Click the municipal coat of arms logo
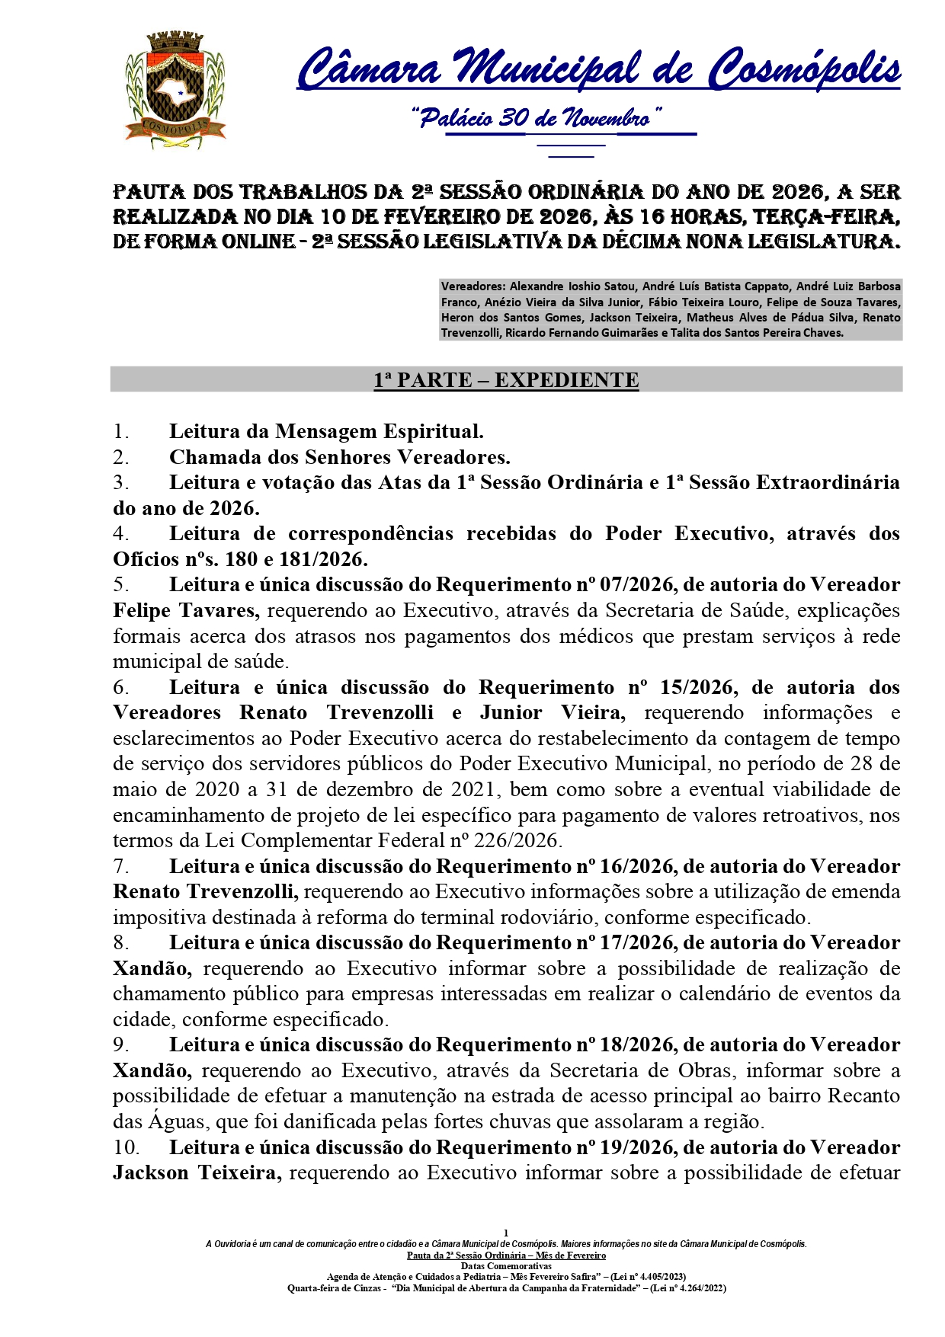[x=175, y=91]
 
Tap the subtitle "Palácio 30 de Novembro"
[x=537, y=118]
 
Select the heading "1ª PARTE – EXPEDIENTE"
[x=506, y=379]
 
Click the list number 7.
[x=120, y=866]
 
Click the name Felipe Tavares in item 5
[x=186, y=610]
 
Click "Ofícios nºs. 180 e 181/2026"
[x=240, y=559]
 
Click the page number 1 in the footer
[x=506, y=1233]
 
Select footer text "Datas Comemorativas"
[x=506, y=1265]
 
